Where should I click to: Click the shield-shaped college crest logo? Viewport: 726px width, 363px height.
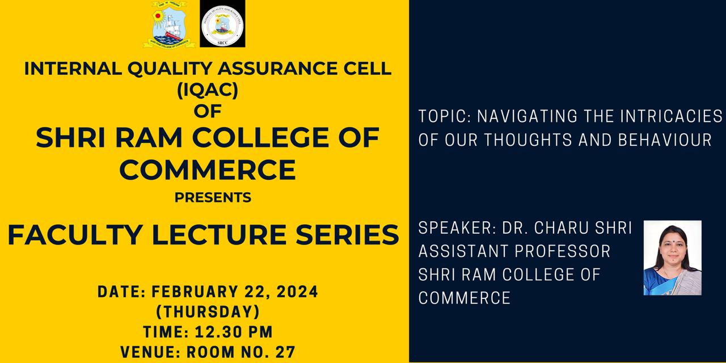169,24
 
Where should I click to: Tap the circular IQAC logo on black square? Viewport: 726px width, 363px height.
222,24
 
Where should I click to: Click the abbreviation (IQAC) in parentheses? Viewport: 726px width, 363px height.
208,90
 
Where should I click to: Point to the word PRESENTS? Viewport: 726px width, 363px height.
213,197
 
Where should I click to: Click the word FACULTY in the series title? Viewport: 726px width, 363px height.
75,235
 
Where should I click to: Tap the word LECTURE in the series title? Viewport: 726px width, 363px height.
219,235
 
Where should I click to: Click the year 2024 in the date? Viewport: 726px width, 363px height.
298,292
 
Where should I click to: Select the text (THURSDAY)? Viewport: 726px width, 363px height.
208,312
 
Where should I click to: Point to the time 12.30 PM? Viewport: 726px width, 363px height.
234,332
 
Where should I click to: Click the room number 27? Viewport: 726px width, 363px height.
285,352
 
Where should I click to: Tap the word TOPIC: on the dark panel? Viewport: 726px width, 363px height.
445,116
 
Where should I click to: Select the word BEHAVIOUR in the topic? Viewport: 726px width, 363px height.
665,140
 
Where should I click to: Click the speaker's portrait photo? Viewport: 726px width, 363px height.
673,258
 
